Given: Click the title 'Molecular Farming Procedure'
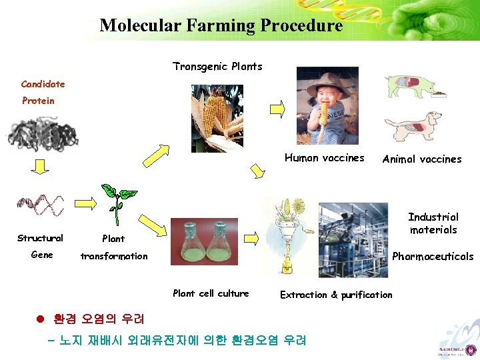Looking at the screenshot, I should click(x=221, y=26).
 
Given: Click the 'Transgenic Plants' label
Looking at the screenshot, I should click(x=217, y=67).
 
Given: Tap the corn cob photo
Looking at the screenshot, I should click(x=217, y=117).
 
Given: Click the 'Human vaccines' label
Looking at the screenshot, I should click(x=324, y=158).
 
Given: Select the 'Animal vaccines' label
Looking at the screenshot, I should click(x=421, y=159).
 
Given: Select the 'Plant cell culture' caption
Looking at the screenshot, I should click(x=210, y=293).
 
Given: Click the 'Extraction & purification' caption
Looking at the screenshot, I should click(x=336, y=295).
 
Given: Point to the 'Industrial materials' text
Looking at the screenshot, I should click(x=433, y=223).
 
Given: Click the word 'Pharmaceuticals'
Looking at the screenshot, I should click(x=433, y=257).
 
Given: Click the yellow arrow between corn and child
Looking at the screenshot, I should click(x=276, y=108).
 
